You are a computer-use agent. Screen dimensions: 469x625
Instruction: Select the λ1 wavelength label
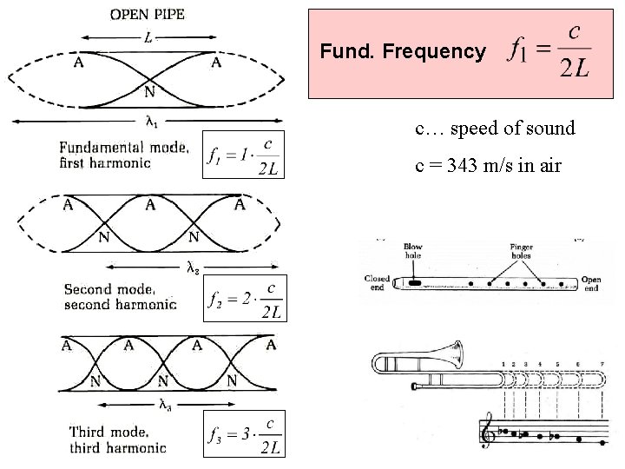149,123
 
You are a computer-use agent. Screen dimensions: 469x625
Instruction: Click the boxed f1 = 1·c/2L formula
243,154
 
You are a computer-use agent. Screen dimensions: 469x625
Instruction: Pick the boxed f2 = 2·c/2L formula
243,299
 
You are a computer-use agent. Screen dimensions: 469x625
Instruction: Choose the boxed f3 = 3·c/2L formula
243,433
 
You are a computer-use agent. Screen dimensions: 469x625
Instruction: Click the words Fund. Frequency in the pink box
403,52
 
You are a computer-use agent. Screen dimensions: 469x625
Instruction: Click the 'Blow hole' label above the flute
413,251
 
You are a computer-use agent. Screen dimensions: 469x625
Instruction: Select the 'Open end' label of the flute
591,284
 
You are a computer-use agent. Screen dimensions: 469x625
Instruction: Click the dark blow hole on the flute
415,283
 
